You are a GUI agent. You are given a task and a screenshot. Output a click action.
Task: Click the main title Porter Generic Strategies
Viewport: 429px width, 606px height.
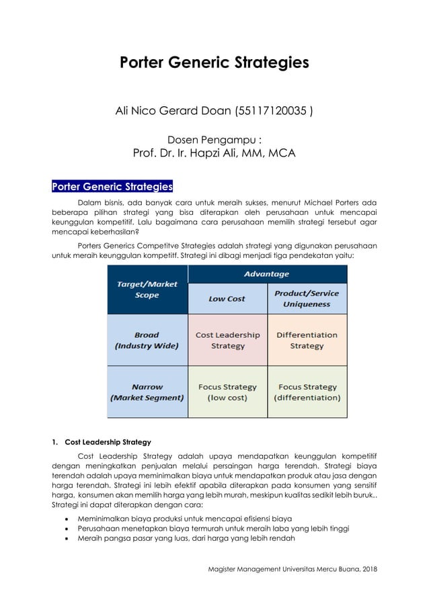[214, 63]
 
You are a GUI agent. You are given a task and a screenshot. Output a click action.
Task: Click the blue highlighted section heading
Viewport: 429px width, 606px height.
[112, 186]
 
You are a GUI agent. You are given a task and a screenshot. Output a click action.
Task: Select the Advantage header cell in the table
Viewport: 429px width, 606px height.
[267, 274]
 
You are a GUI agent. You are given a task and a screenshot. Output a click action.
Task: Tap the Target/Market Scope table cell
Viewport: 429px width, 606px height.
[147, 290]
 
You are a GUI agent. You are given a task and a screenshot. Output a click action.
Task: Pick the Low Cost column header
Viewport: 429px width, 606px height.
[227, 298]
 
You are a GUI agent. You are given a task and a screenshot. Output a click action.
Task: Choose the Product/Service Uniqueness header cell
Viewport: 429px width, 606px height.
[307, 298]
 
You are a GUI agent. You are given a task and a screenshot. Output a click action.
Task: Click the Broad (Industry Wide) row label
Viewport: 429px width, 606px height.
[147, 340]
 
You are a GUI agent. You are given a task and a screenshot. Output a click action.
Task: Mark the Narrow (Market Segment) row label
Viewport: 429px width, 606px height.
[147, 392]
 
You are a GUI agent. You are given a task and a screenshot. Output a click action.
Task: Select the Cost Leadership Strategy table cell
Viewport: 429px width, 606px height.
[227, 340]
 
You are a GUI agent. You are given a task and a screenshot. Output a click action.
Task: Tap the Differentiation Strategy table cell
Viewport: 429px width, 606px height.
[307, 340]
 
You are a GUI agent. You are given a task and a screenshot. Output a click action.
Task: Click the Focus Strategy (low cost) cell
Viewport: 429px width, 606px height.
[227, 392]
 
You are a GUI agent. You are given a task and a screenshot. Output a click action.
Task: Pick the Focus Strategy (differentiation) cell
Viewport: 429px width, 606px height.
[307, 392]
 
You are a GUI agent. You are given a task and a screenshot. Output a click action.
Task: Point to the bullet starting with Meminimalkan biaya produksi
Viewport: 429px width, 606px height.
[185, 518]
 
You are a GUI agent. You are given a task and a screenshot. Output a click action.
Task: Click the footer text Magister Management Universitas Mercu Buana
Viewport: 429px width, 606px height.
[292, 570]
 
